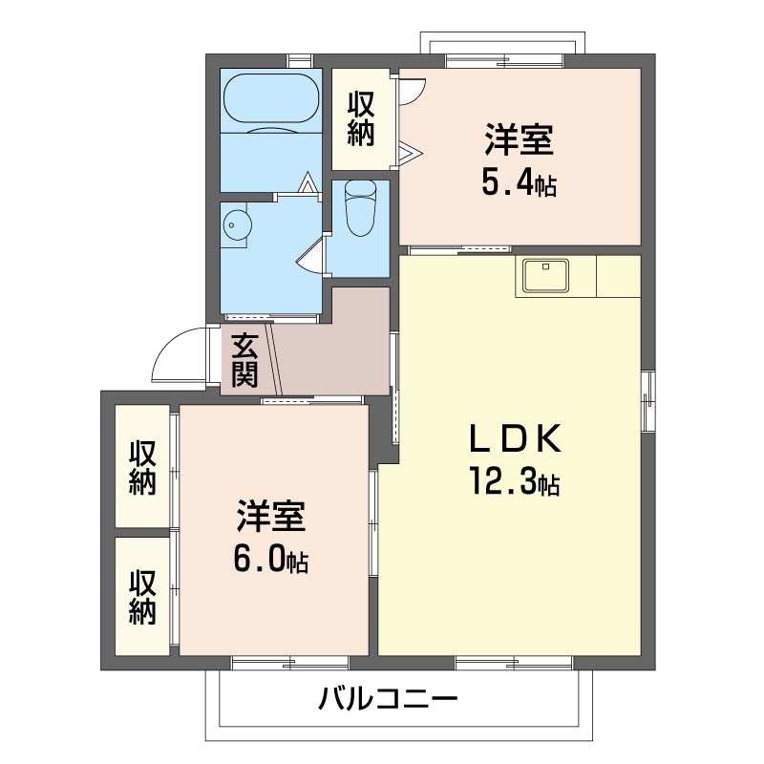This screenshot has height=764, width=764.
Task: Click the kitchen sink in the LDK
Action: (544, 276)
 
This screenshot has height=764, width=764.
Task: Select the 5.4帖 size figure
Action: (519, 183)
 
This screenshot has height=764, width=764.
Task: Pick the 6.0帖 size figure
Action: (270, 561)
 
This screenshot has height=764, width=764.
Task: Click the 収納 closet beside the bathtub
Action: (360, 118)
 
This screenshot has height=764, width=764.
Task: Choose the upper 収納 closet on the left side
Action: (143, 466)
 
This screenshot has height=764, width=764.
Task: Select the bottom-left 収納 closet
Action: (143, 596)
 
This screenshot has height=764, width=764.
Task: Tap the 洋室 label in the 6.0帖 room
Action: (270, 517)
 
